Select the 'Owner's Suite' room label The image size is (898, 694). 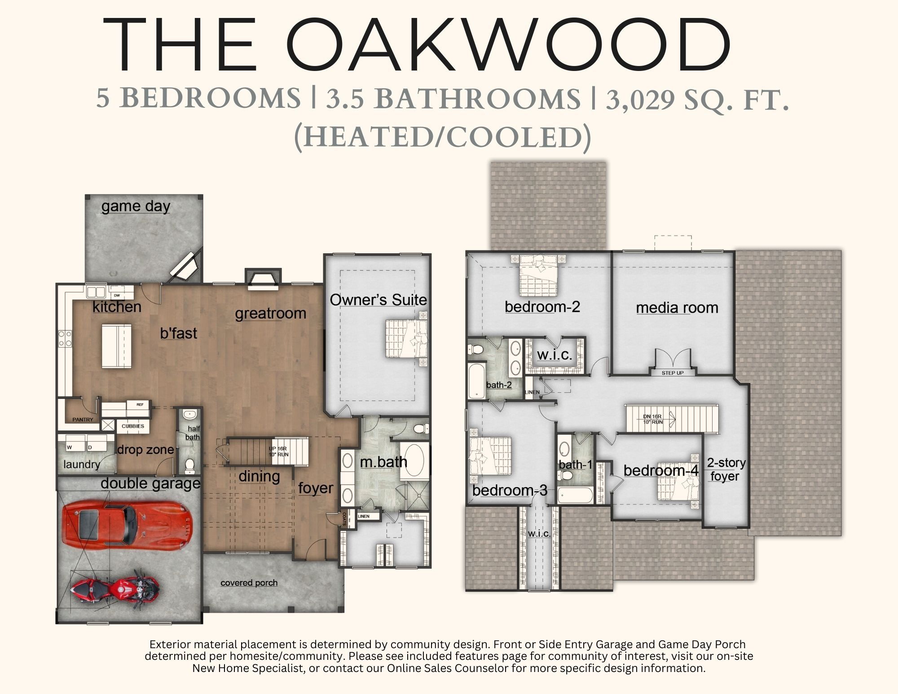coord(378,300)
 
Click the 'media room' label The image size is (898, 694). coord(677,308)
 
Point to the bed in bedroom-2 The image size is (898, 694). coord(538,278)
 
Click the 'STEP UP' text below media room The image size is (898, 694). coord(672,373)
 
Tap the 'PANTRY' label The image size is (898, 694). coord(83,420)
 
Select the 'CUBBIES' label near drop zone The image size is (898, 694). coord(133,426)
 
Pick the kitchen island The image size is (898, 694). coord(117,346)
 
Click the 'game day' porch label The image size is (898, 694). coord(136,206)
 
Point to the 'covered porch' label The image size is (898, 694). coord(249,583)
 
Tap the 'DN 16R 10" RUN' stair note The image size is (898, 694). coord(653,419)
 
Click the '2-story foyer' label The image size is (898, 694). coord(726,469)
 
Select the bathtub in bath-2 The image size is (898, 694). coord(476,381)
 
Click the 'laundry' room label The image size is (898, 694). coord(81,464)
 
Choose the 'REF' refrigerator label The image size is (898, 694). coord(140,405)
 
